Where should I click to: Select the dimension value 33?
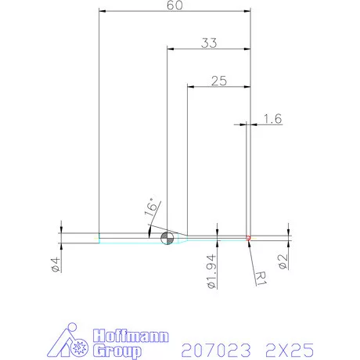[x=208, y=44]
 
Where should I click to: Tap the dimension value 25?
[x=219, y=80]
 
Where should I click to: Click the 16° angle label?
[x=150, y=207]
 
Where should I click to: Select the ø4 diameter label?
[x=56, y=265]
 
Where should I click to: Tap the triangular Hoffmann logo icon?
[x=75, y=342]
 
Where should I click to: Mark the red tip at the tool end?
[x=247, y=237]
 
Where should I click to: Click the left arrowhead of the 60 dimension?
[x=103, y=11]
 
